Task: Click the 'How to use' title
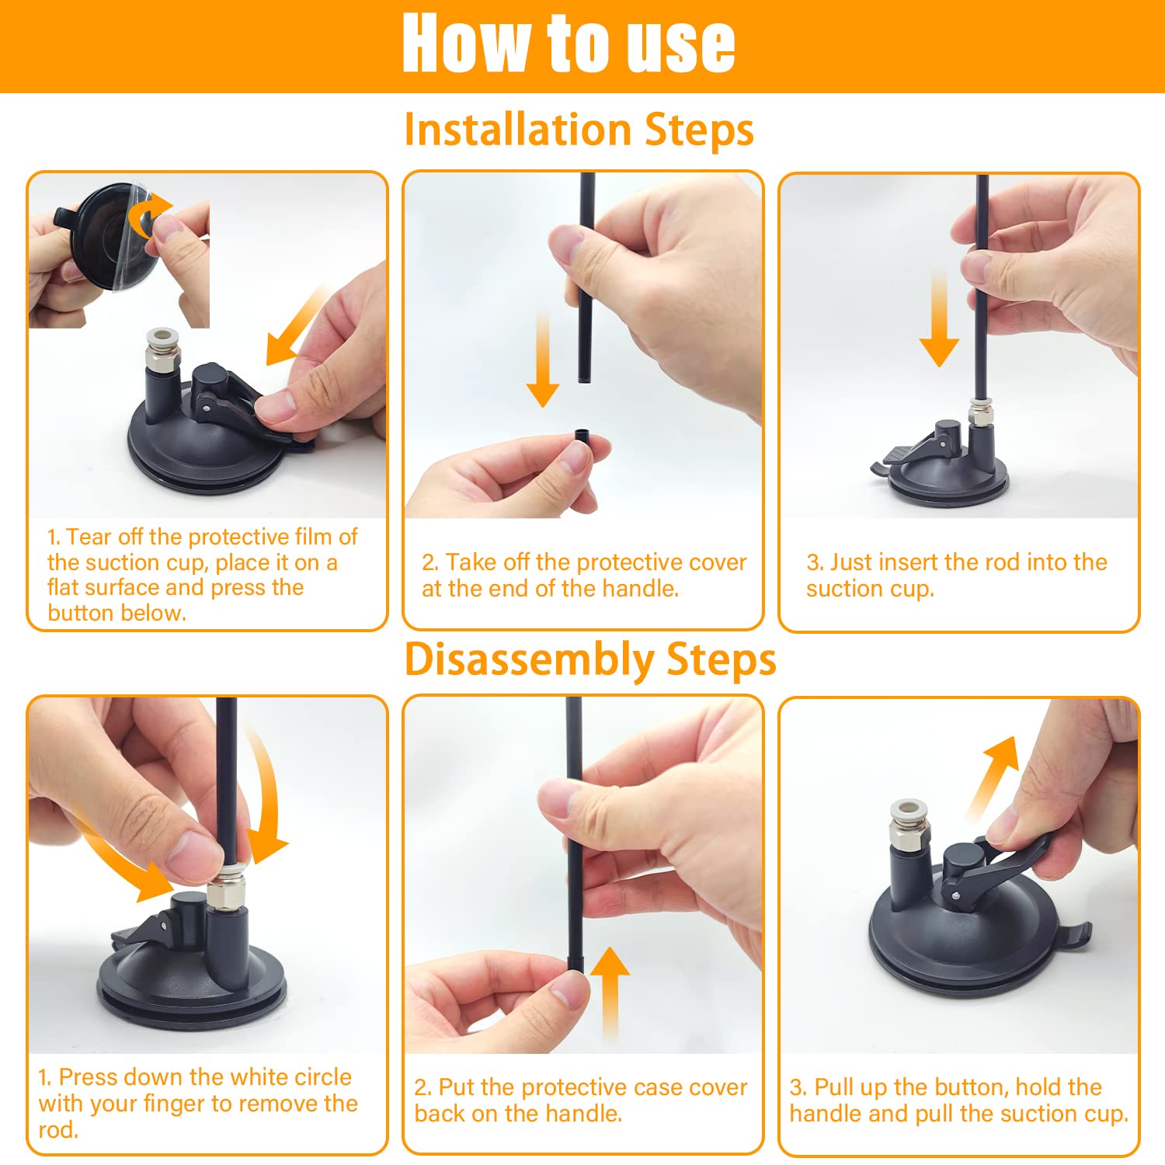pos(569,43)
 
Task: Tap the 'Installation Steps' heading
pos(579,130)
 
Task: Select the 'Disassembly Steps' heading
pos(590,661)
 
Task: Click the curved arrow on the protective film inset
pos(149,214)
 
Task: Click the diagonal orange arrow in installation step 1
pos(297,325)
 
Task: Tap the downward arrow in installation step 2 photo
pos(543,359)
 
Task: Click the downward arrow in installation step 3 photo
pos(939,318)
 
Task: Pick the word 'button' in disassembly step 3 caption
pos(972,1087)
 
